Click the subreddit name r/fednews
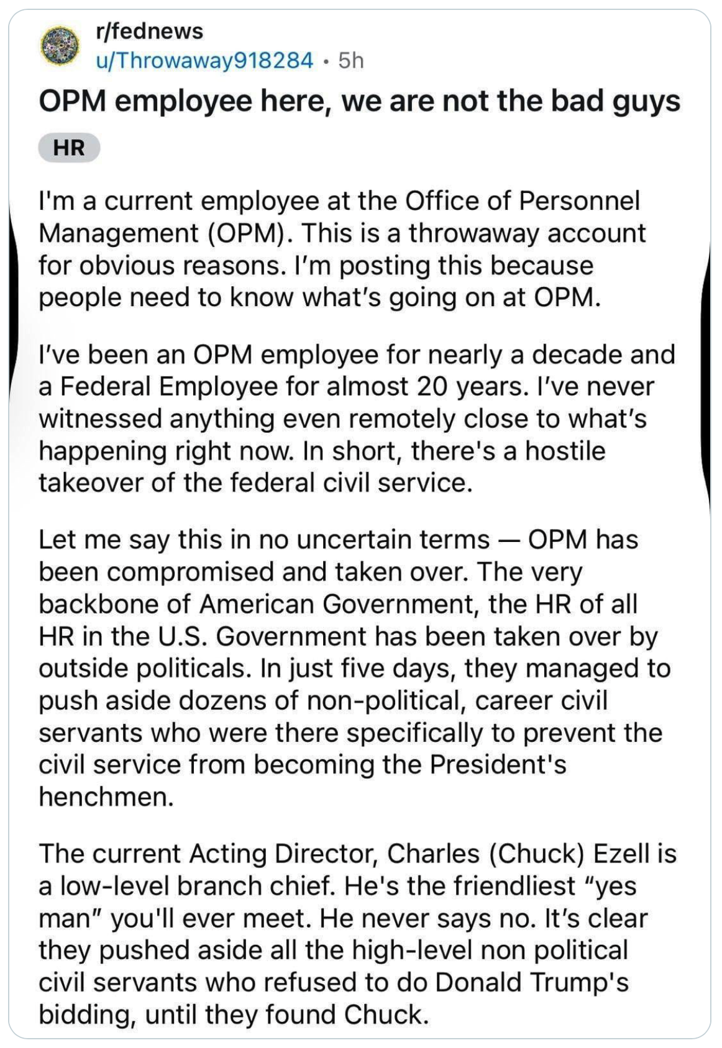click(149, 31)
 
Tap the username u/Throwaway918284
click(204, 60)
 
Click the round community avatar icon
click(60, 45)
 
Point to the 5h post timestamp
click(351, 60)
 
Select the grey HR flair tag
click(69, 148)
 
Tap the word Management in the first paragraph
click(119, 233)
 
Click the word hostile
click(565, 451)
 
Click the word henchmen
click(106, 797)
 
